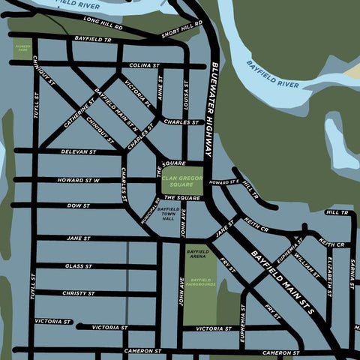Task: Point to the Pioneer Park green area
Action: (22, 49)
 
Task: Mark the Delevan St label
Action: (78, 151)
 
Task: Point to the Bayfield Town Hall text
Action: (166, 214)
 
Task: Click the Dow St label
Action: (78, 205)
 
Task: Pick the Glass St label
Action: (78, 266)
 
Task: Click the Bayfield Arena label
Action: (197, 253)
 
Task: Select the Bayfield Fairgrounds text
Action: (198, 282)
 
